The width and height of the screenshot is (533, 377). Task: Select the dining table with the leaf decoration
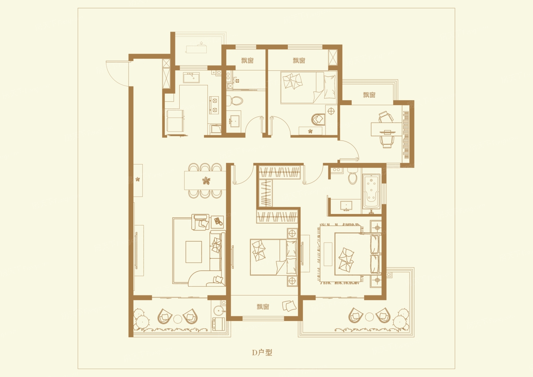tap(205, 181)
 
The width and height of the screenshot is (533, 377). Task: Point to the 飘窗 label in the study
tap(369, 95)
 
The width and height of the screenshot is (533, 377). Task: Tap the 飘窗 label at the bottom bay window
tap(263, 307)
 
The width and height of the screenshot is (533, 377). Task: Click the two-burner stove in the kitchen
tap(214, 105)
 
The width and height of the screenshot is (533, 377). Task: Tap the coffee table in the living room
tap(194, 252)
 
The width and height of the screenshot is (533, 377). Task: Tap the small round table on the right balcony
tap(370, 317)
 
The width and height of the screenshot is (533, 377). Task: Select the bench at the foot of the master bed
tap(328, 254)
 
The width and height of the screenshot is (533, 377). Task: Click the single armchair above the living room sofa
tap(200, 222)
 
